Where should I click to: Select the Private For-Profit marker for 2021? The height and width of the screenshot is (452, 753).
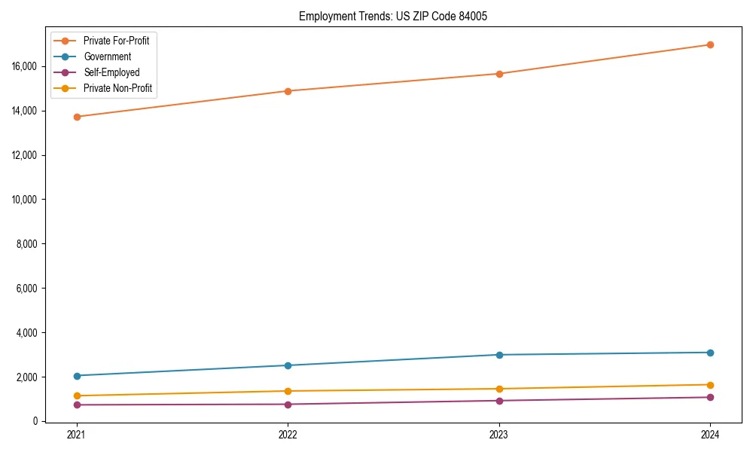[x=76, y=117]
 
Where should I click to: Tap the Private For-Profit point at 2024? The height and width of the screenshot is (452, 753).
[x=710, y=44]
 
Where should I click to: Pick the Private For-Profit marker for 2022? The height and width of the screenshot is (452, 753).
[x=288, y=91]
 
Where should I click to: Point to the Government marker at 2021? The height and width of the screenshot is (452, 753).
[x=76, y=376]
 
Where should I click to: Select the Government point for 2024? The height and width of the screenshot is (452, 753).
[x=710, y=353]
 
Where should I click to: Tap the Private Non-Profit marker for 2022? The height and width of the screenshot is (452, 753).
[x=288, y=391]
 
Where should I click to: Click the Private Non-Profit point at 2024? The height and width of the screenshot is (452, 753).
[x=710, y=385]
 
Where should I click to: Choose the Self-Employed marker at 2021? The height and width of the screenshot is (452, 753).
[x=76, y=405]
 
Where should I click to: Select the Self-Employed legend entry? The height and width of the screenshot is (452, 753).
[x=111, y=72]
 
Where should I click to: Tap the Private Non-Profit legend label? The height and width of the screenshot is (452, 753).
[x=117, y=88]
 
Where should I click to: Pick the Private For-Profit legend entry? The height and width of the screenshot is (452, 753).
[x=116, y=41]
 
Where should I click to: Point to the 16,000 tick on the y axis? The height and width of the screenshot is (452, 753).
[x=27, y=66]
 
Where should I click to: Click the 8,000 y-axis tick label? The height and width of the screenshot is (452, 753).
[x=29, y=244]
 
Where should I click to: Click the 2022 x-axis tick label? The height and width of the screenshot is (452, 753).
[x=288, y=435]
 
